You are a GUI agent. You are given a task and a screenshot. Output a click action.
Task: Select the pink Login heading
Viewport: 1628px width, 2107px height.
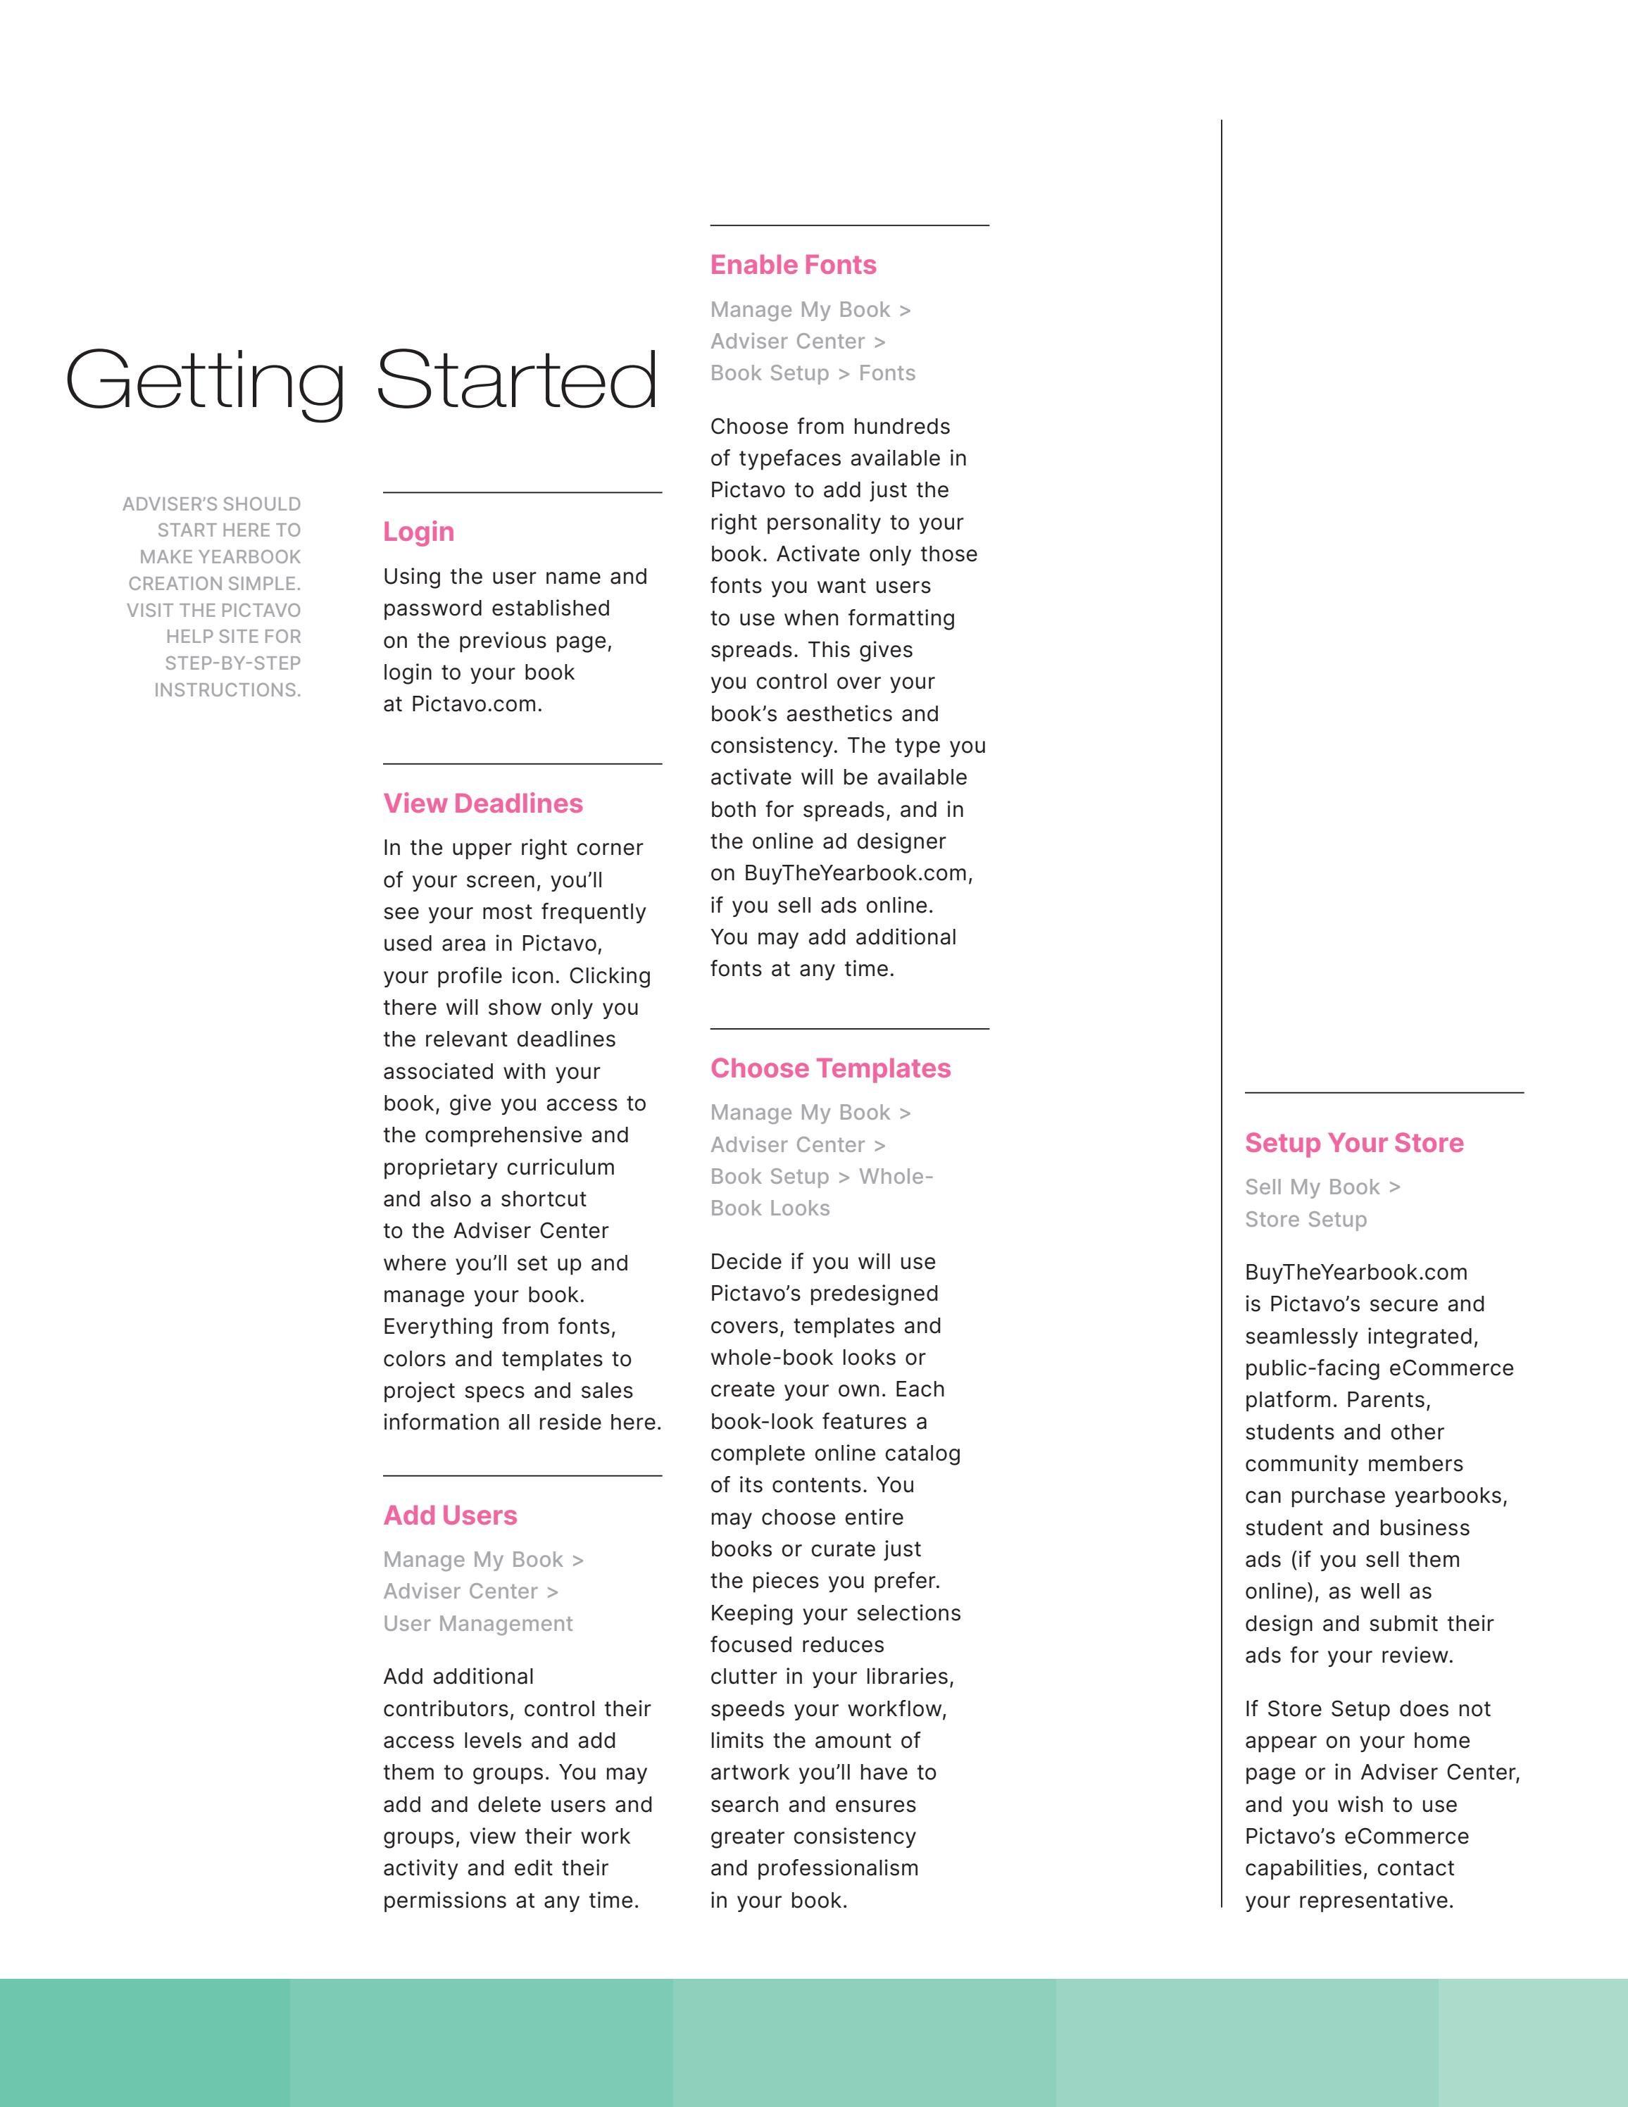pos(418,532)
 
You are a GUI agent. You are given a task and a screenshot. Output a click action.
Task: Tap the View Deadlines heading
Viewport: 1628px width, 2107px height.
pos(482,804)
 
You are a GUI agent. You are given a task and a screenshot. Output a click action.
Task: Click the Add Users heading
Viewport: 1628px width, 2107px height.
pos(449,1515)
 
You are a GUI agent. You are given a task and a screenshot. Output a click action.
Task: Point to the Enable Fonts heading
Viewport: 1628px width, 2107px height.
pos(793,265)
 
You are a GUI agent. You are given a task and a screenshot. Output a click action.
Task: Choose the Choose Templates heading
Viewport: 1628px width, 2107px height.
pos(830,1069)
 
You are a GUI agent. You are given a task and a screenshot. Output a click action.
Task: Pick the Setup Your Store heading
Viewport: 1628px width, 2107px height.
pos(1354,1143)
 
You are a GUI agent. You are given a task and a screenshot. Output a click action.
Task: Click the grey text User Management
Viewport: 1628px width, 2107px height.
pos(477,1624)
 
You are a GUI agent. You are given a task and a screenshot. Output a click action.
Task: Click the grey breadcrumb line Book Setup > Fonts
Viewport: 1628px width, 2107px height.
pos(812,373)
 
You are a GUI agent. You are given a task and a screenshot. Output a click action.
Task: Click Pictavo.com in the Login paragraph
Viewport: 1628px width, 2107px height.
pos(477,704)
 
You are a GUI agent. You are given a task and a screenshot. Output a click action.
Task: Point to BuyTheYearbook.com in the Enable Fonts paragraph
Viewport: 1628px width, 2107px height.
pos(858,873)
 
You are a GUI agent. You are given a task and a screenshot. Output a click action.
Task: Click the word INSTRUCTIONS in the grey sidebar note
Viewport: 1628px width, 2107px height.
pos(227,690)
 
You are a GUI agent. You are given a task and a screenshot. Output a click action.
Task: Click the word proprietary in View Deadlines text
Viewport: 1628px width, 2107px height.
pos(441,1168)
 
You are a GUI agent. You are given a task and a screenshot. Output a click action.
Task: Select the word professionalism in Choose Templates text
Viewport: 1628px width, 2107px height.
pos(837,1869)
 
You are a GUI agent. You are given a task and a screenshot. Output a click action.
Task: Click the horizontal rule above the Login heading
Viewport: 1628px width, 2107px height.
pos(522,493)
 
